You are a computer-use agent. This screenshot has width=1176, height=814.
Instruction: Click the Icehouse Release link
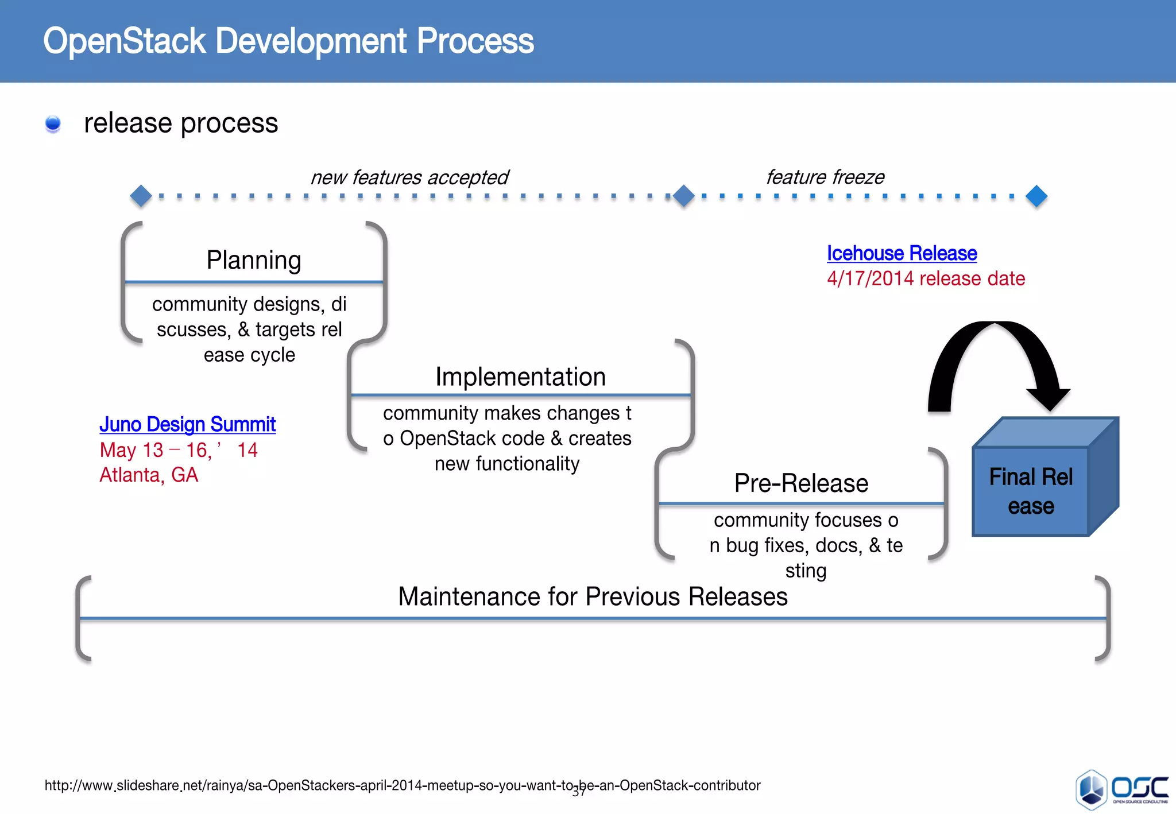pyautogui.click(x=902, y=253)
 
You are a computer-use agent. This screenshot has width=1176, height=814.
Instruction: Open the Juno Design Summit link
pyautogui.click(x=187, y=424)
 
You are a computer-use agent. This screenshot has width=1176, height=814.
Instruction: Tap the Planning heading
pyautogui.click(x=254, y=260)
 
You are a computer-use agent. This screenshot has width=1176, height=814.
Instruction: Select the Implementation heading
pyautogui.click(x=520, y=377)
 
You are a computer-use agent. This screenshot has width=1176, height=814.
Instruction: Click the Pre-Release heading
pyautogui.click(x=801, y=483)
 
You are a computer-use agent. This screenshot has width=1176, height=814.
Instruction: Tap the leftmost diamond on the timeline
pyautogui.click(x=141, y=196)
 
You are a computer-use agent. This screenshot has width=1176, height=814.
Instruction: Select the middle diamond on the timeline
pyautogui.click(x=683, y=196)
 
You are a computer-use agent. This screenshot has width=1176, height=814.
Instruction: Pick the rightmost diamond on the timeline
pyautogui.click(x=1036, y=196)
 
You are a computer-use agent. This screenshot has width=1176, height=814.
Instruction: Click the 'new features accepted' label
pyautogui.click(x=409, y=177)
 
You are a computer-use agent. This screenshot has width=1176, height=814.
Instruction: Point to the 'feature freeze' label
pyautogui.click(x=825, y=177)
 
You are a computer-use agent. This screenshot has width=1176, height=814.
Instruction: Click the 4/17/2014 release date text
pyautogui.click(x=926, y=278)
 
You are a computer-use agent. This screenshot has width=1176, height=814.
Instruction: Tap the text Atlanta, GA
pyautogui.click(x=149, y=475)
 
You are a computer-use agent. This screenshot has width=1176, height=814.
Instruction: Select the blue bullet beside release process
pyautogui.click(x=53, y=123)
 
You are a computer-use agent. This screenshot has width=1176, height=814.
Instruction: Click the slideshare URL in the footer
pyautogui.click(x=402, y=785)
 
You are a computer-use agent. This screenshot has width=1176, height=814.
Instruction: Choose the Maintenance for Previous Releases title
pyautogui.click(x=593, y=596)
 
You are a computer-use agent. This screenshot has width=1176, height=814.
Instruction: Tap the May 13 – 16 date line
pyautogui.click(x=178, y=450)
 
